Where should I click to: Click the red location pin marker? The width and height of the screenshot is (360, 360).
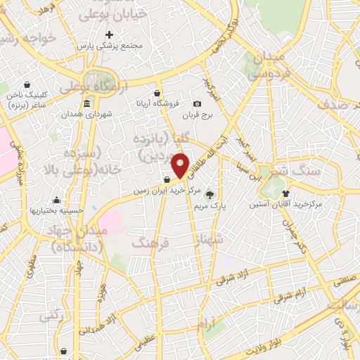[181, 165]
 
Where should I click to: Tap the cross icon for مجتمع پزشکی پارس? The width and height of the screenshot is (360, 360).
[108, 34]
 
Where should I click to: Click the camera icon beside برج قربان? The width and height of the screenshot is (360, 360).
[197, 104]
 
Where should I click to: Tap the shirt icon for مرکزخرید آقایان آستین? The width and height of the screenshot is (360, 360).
[285, 193]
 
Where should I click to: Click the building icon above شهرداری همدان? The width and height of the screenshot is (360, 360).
[86, 104]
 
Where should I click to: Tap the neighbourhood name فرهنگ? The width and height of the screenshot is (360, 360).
[150, 243]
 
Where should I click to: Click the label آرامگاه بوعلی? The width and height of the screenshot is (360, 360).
[91, 88]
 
